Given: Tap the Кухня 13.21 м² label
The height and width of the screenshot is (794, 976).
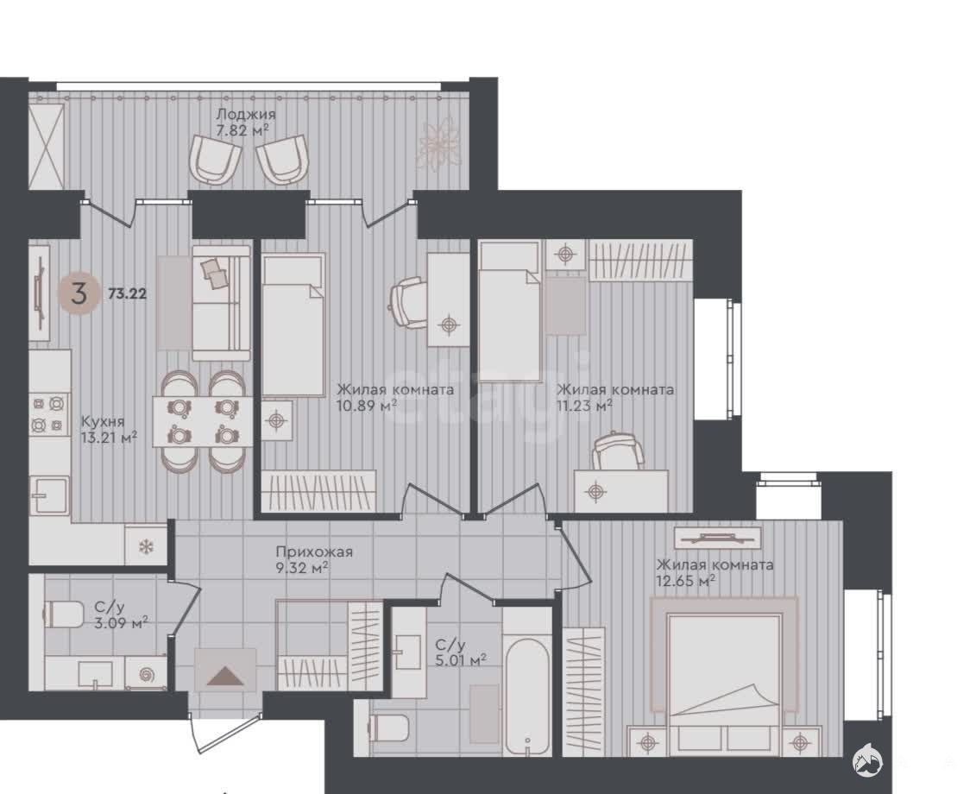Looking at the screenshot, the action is click(x=109, y=429).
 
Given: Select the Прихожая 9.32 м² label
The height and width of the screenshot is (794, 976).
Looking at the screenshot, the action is click(x=314, y=560).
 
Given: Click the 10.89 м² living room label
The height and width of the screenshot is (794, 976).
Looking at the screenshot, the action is click(x=395, y=397).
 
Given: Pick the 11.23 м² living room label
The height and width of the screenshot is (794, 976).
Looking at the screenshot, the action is click(x=615, y=397).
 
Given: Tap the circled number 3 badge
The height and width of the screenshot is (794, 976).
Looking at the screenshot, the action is click(x=79, y=293).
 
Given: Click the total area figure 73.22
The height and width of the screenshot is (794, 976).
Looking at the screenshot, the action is click(x=128, y=293).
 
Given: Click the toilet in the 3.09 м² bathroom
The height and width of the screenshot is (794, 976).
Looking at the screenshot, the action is click(x=63, y=614).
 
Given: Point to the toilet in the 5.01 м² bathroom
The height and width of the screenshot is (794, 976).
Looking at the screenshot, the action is click(x=389, y=727).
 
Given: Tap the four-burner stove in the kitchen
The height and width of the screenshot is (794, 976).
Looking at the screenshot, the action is click(x=48, y=415).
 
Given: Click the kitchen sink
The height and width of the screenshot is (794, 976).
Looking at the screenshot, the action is click(x=50, y=495).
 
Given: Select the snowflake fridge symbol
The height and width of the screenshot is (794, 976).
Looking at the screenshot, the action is click(x=146, y=547).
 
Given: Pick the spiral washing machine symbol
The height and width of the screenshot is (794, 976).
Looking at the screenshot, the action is click(x=147, y=674).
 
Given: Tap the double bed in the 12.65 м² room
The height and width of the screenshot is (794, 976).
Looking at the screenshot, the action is click(x=724, y=677).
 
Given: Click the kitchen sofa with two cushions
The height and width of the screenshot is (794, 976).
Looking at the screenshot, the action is click(x=221, y=303).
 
